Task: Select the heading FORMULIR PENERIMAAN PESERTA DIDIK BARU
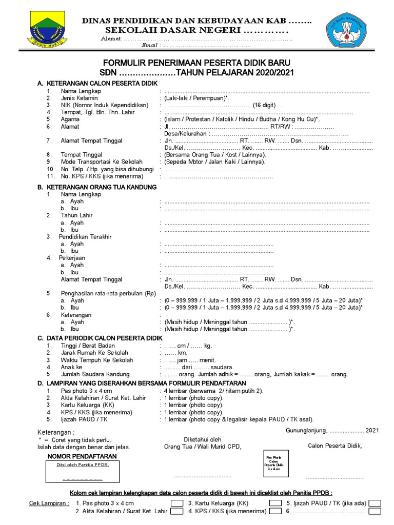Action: [x=198, y=63]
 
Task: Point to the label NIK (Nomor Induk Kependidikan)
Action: [x=104, y=105]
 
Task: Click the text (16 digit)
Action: [x=264, y=105]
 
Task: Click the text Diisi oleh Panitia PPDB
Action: [x=83, y=465]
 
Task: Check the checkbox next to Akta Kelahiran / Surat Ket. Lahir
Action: [x=176, y=511]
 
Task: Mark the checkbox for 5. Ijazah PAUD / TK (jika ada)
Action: [x=375, y=503]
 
